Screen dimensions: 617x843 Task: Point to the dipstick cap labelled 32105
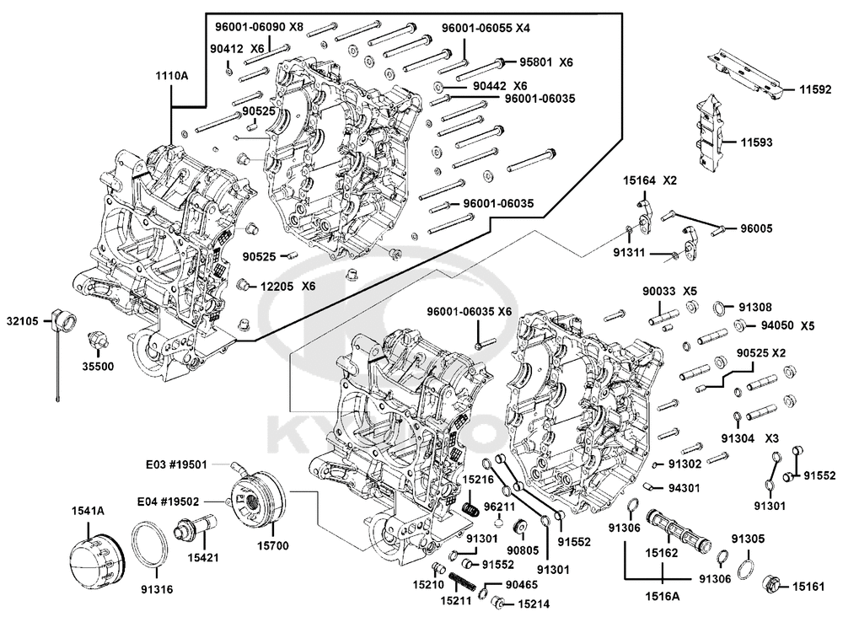[x=62, y=321]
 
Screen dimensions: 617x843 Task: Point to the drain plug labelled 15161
[x=772, y=583]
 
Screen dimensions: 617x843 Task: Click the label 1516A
[x=663, y=597]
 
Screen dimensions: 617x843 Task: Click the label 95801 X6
[x=545, y=62]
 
